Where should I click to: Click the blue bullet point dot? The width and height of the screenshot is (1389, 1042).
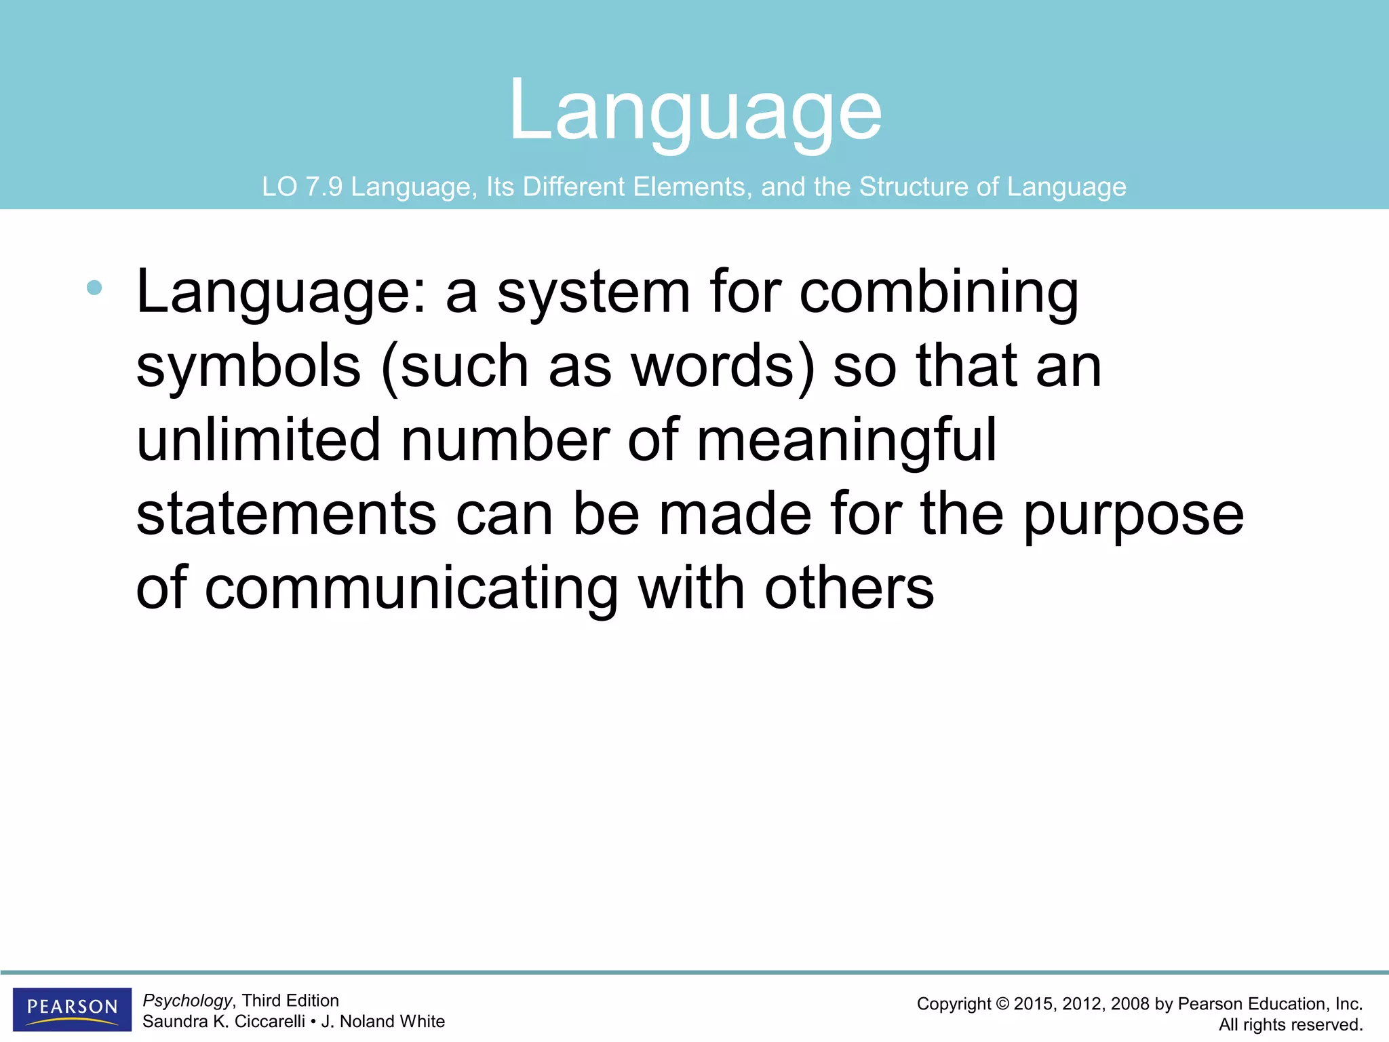(x=94, y=288)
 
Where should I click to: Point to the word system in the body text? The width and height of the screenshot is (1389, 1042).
(x=593, y=292)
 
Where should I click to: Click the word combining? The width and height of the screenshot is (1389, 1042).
(x=939, y=292)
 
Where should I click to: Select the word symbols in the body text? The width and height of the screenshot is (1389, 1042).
(x=248, y=366)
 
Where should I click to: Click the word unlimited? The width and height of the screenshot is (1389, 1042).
(x=258, y=440)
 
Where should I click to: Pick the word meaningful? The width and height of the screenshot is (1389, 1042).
(x=846, y=440)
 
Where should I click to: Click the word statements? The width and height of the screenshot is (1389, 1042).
(x=286, y=514)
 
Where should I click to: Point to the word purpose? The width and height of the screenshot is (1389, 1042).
(x=1133, y=514)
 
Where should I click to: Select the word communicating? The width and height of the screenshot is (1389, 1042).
(x=411, y=588)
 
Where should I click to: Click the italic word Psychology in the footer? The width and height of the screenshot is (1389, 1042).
(x=187, y=1001)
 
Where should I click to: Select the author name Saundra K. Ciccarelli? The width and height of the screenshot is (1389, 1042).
(x=223, y=1022)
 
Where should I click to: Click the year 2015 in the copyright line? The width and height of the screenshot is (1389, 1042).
(x=1035, y=1004)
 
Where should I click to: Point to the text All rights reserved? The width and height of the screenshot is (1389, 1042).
(x=1291, y=1025)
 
